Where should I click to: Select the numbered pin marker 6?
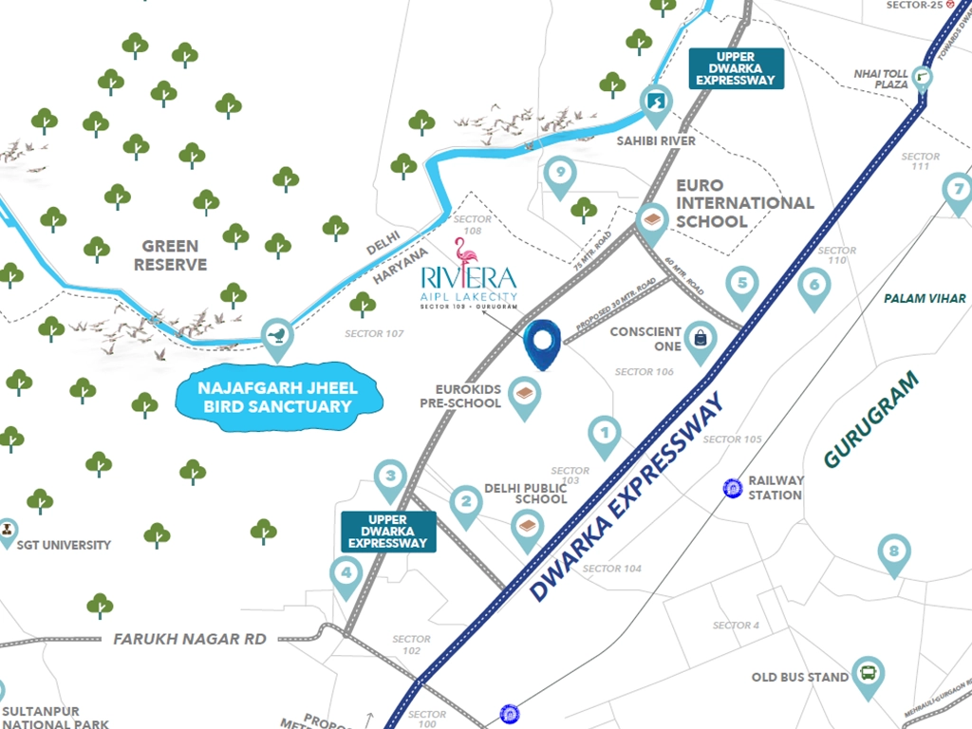[813, 284]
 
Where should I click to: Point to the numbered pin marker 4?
[346, 572]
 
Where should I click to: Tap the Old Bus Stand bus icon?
[868, 674]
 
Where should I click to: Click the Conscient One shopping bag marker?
[701, 337]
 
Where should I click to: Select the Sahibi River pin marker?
[655, 102]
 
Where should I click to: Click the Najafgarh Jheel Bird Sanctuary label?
[278, 397]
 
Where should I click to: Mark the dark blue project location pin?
[543, 341]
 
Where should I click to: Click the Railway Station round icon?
[733, 488]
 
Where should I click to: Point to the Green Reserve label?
[171, 254]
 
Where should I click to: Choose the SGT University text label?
[65, 545]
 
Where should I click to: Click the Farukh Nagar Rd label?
[190, 639]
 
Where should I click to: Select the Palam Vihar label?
[925, 298]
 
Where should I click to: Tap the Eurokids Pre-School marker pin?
[524, 394]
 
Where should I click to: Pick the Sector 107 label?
[375, 333]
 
